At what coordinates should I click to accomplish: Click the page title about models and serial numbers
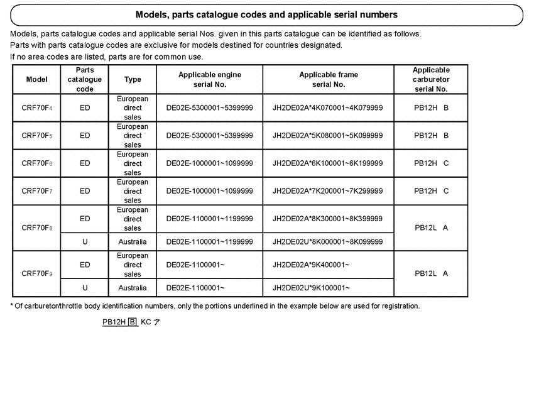266,14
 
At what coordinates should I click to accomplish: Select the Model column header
36,80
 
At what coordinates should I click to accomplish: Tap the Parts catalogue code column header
85,80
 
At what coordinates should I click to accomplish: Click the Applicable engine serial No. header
209,79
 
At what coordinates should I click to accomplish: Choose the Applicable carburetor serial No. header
431,79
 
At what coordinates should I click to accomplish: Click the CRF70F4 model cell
36,108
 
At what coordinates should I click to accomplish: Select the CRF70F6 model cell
36,163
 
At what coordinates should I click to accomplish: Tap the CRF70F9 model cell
36,274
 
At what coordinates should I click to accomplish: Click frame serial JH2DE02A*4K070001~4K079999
327,108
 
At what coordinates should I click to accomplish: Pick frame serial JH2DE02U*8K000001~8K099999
327,242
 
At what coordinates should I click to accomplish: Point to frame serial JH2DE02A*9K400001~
311,265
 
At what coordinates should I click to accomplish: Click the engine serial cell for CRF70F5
209,136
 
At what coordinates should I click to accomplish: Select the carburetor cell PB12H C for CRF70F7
431,191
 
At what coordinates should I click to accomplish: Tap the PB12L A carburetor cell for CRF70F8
431,228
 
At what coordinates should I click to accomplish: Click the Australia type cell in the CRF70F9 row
133,288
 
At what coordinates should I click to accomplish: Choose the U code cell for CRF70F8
85,242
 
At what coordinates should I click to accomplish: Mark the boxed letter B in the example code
133,322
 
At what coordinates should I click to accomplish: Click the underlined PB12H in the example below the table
114,322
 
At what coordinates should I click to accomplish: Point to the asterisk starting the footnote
12,306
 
